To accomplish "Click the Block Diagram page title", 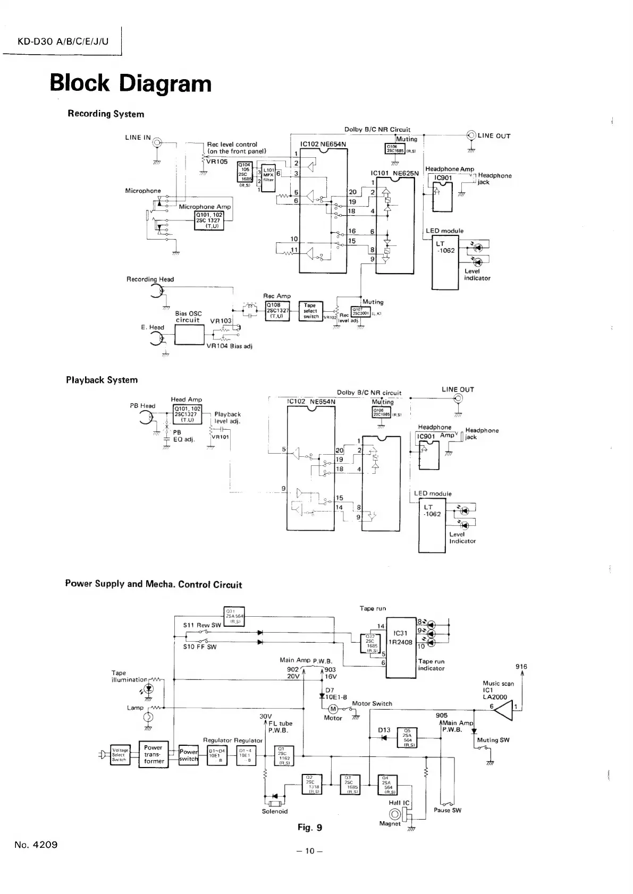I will tap(130, 84).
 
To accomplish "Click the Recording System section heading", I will tap(106, 114).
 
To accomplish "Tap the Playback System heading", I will tap(102, 380).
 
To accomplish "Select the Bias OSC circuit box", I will tap(189, 334).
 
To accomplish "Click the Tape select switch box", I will tap(310, 311).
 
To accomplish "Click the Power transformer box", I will tap(153, 754).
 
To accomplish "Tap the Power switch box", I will tap(188, 755).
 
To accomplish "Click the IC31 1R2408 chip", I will tap(400, 648).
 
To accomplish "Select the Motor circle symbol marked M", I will tap(334, 709).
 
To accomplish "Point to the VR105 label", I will tap(217, 162).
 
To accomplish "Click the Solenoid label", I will tap(275, 811).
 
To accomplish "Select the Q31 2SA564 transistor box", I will tap(234, 616).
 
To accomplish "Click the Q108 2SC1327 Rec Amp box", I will tap(277, 311).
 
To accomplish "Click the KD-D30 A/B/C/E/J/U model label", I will tap(63, 41).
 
